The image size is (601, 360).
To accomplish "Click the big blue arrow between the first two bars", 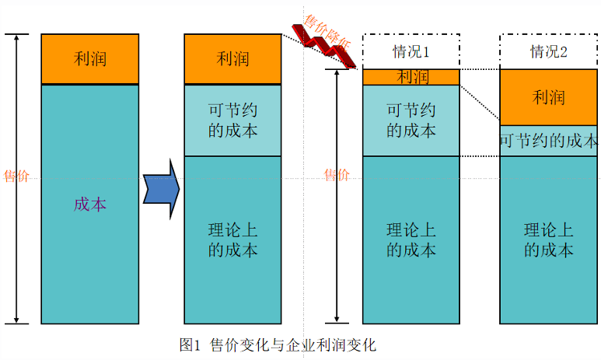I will pyautogui.click(x=162, y=189).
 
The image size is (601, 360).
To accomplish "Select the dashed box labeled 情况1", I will pyautogui.click(x=411, y=51).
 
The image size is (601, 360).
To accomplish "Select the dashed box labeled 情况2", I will pyautogui.click(x=548, y=51).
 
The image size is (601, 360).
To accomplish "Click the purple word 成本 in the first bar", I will pyautogui.click(x=89, y=204).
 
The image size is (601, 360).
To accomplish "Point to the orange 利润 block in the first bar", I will pyautogui.click(x=90, y=59).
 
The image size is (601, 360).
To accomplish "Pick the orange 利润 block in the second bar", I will pyautogui.click(x=232, y=59).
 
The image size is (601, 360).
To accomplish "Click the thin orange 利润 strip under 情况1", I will pyautogui.click(x=411, y=77).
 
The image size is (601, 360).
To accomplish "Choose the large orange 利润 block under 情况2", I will pyautogui.click(x=548, y=97).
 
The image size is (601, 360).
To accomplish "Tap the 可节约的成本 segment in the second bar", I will pyautogui.click(x=232, y=120).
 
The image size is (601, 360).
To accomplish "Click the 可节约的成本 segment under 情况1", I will pyautogui.click(x=411, y=120).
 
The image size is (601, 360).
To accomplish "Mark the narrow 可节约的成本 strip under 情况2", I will pyautogui.click(x=548, y=141).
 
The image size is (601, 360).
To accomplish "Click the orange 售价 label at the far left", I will pyautogui.click(x=16, y=176).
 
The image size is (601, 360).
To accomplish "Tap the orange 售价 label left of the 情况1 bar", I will pyautogui.click(x=337, y=176).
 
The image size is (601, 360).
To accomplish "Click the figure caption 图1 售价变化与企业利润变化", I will pyautogui.click(x=278, y=344).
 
